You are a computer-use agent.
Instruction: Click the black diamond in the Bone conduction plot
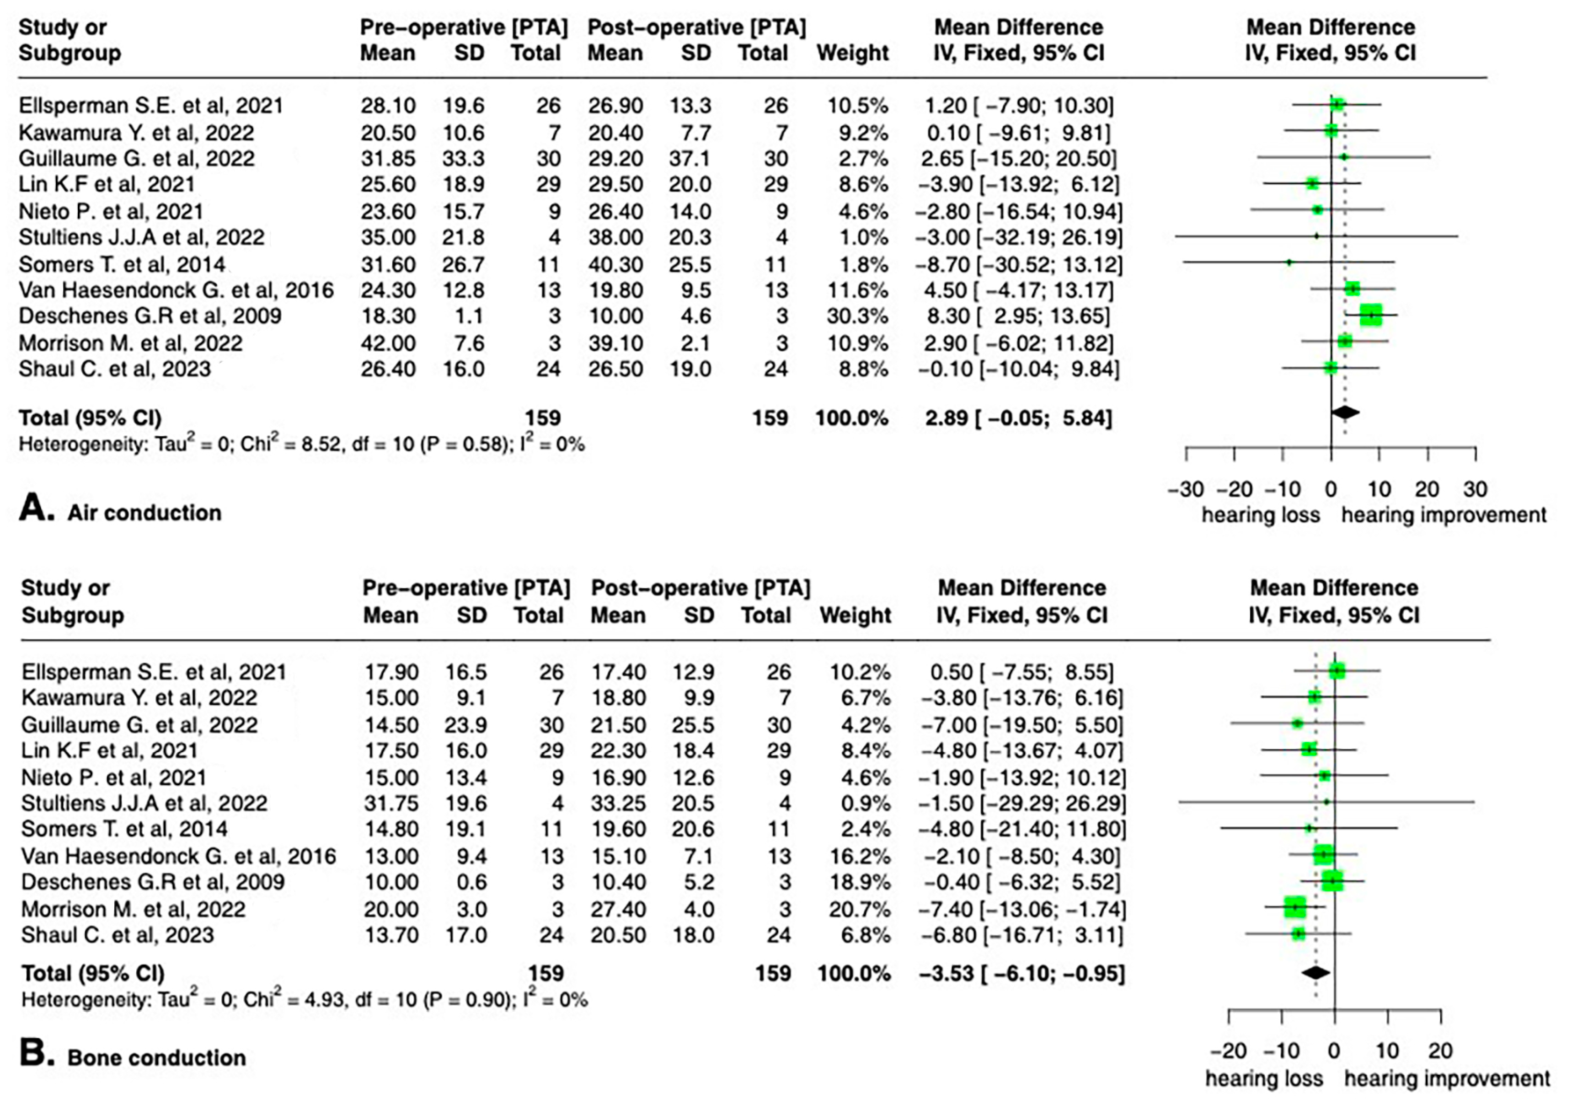[x=1315, y=972]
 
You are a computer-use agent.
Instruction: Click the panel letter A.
[x=36, y=509]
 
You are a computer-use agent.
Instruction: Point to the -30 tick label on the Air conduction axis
[x=1185, y=490]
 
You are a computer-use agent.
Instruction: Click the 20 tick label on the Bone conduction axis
[x=1441, y=1051]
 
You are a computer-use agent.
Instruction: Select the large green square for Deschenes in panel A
[x=1371, y=315]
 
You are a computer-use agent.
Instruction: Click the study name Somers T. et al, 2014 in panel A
[x=122, y=264]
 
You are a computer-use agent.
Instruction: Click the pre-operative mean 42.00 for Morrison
[x=388, y=343]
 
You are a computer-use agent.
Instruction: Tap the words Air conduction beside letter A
[x=144, y=513]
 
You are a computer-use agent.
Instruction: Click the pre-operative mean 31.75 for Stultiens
[x=391, y=803]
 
